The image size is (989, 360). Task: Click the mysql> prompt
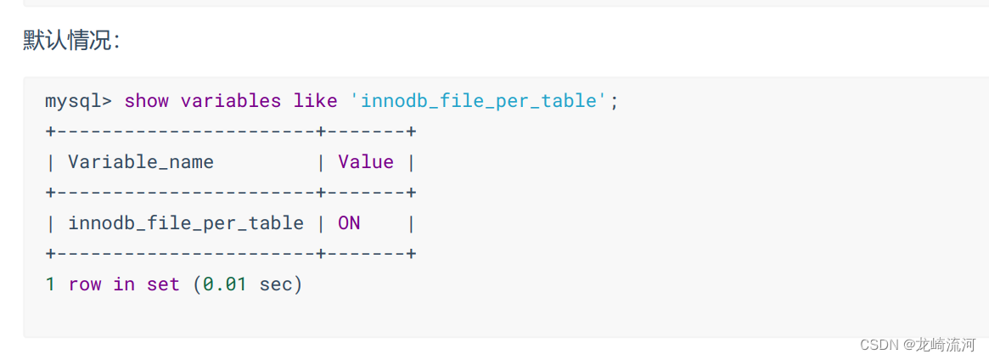click(78, 101)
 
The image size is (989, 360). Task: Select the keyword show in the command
click(146, 101)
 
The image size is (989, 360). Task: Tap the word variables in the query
click(230, 101)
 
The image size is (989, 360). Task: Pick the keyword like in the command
click(315, 101)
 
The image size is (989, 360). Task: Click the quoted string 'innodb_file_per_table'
click(479, 101)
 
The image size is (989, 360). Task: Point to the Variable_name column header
click(140, 162)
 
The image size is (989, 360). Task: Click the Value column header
click(365, 162)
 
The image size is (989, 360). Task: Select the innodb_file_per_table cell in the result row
click(185, 223)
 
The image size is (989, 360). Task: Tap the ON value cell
click(349, 223)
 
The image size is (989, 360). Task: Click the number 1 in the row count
click(50, 284)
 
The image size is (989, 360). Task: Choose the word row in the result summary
click(84, 284)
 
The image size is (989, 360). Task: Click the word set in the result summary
click(163, 284)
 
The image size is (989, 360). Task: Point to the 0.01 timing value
click(224, 284)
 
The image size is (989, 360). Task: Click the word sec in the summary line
click(275, 284)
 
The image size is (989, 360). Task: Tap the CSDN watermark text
click(879, 344)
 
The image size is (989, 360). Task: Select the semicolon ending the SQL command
click(615, 101)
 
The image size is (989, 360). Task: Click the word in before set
click(124, 284)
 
